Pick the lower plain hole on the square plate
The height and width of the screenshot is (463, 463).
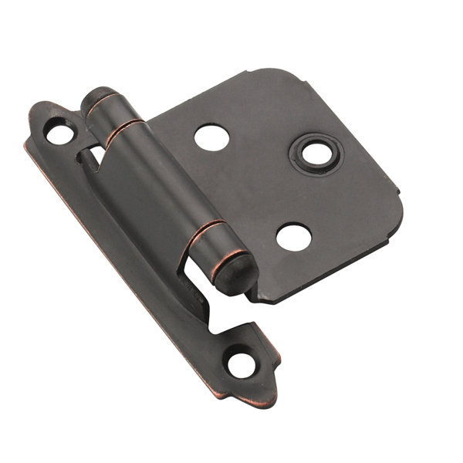tap(293, 237)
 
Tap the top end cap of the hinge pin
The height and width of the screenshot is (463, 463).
tap(95, 96)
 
